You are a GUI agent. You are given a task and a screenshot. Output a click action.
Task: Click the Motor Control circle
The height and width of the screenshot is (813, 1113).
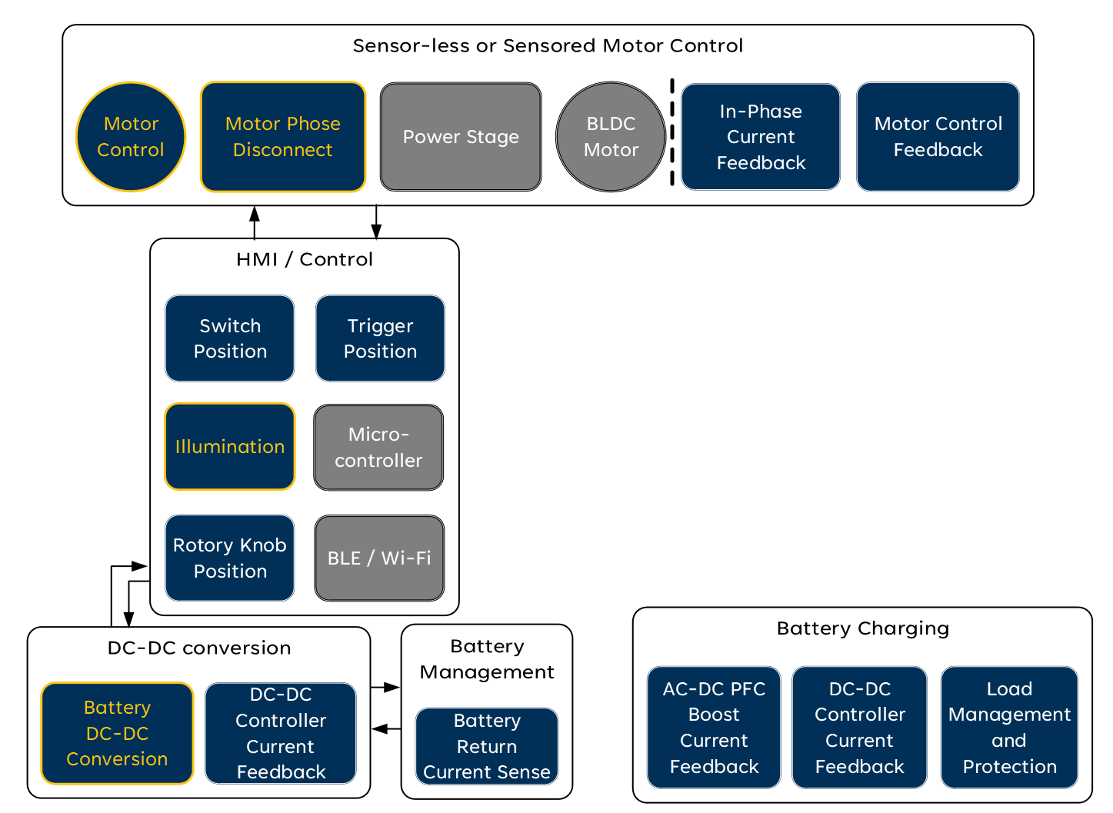click(131, 137)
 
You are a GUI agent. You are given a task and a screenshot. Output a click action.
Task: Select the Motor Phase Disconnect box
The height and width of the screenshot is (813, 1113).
click(282, 137)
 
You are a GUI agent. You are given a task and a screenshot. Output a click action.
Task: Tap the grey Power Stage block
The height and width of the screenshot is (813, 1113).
click(461, 137)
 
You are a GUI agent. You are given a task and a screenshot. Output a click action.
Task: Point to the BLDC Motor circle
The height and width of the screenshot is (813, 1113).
click(611, 137)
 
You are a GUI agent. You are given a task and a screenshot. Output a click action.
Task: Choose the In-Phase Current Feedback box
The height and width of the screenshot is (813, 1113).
click(760, 137)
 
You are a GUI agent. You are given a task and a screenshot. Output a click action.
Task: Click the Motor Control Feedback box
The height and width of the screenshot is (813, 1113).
click(938, 137)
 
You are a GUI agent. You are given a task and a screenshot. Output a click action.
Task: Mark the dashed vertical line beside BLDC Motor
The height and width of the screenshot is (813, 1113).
click(672, 132)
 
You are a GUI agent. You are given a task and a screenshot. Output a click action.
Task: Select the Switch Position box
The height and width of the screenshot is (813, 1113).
click(230, 338)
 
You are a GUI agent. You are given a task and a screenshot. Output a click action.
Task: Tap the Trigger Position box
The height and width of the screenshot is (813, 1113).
click(380, 338)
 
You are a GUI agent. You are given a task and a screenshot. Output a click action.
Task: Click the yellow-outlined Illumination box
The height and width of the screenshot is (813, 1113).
click(230, 447)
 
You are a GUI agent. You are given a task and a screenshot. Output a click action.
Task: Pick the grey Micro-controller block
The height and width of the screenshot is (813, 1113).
click(378, 448)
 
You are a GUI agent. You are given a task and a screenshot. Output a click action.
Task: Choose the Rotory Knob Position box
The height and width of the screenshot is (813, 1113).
click(230, 558)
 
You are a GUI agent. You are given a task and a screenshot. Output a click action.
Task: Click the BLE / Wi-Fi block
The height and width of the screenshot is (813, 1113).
click(379, 558)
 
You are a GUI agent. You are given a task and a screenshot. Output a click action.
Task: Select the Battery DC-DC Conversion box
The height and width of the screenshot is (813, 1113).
click(117, 733)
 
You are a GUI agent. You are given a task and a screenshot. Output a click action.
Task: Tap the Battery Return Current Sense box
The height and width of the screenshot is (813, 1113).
click(487, 746)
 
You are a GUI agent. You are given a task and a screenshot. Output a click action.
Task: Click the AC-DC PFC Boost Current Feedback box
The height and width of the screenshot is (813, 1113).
click(714, 728)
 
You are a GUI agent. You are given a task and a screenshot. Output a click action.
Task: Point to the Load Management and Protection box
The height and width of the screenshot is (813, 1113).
click(1009, 728)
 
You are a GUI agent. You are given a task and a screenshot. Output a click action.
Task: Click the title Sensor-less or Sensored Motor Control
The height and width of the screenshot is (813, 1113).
click(548, 46)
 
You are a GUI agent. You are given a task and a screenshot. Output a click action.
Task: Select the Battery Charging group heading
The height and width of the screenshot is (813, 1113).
click(862, 628)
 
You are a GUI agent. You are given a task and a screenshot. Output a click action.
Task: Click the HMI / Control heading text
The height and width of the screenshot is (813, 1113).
click(305, 259)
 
